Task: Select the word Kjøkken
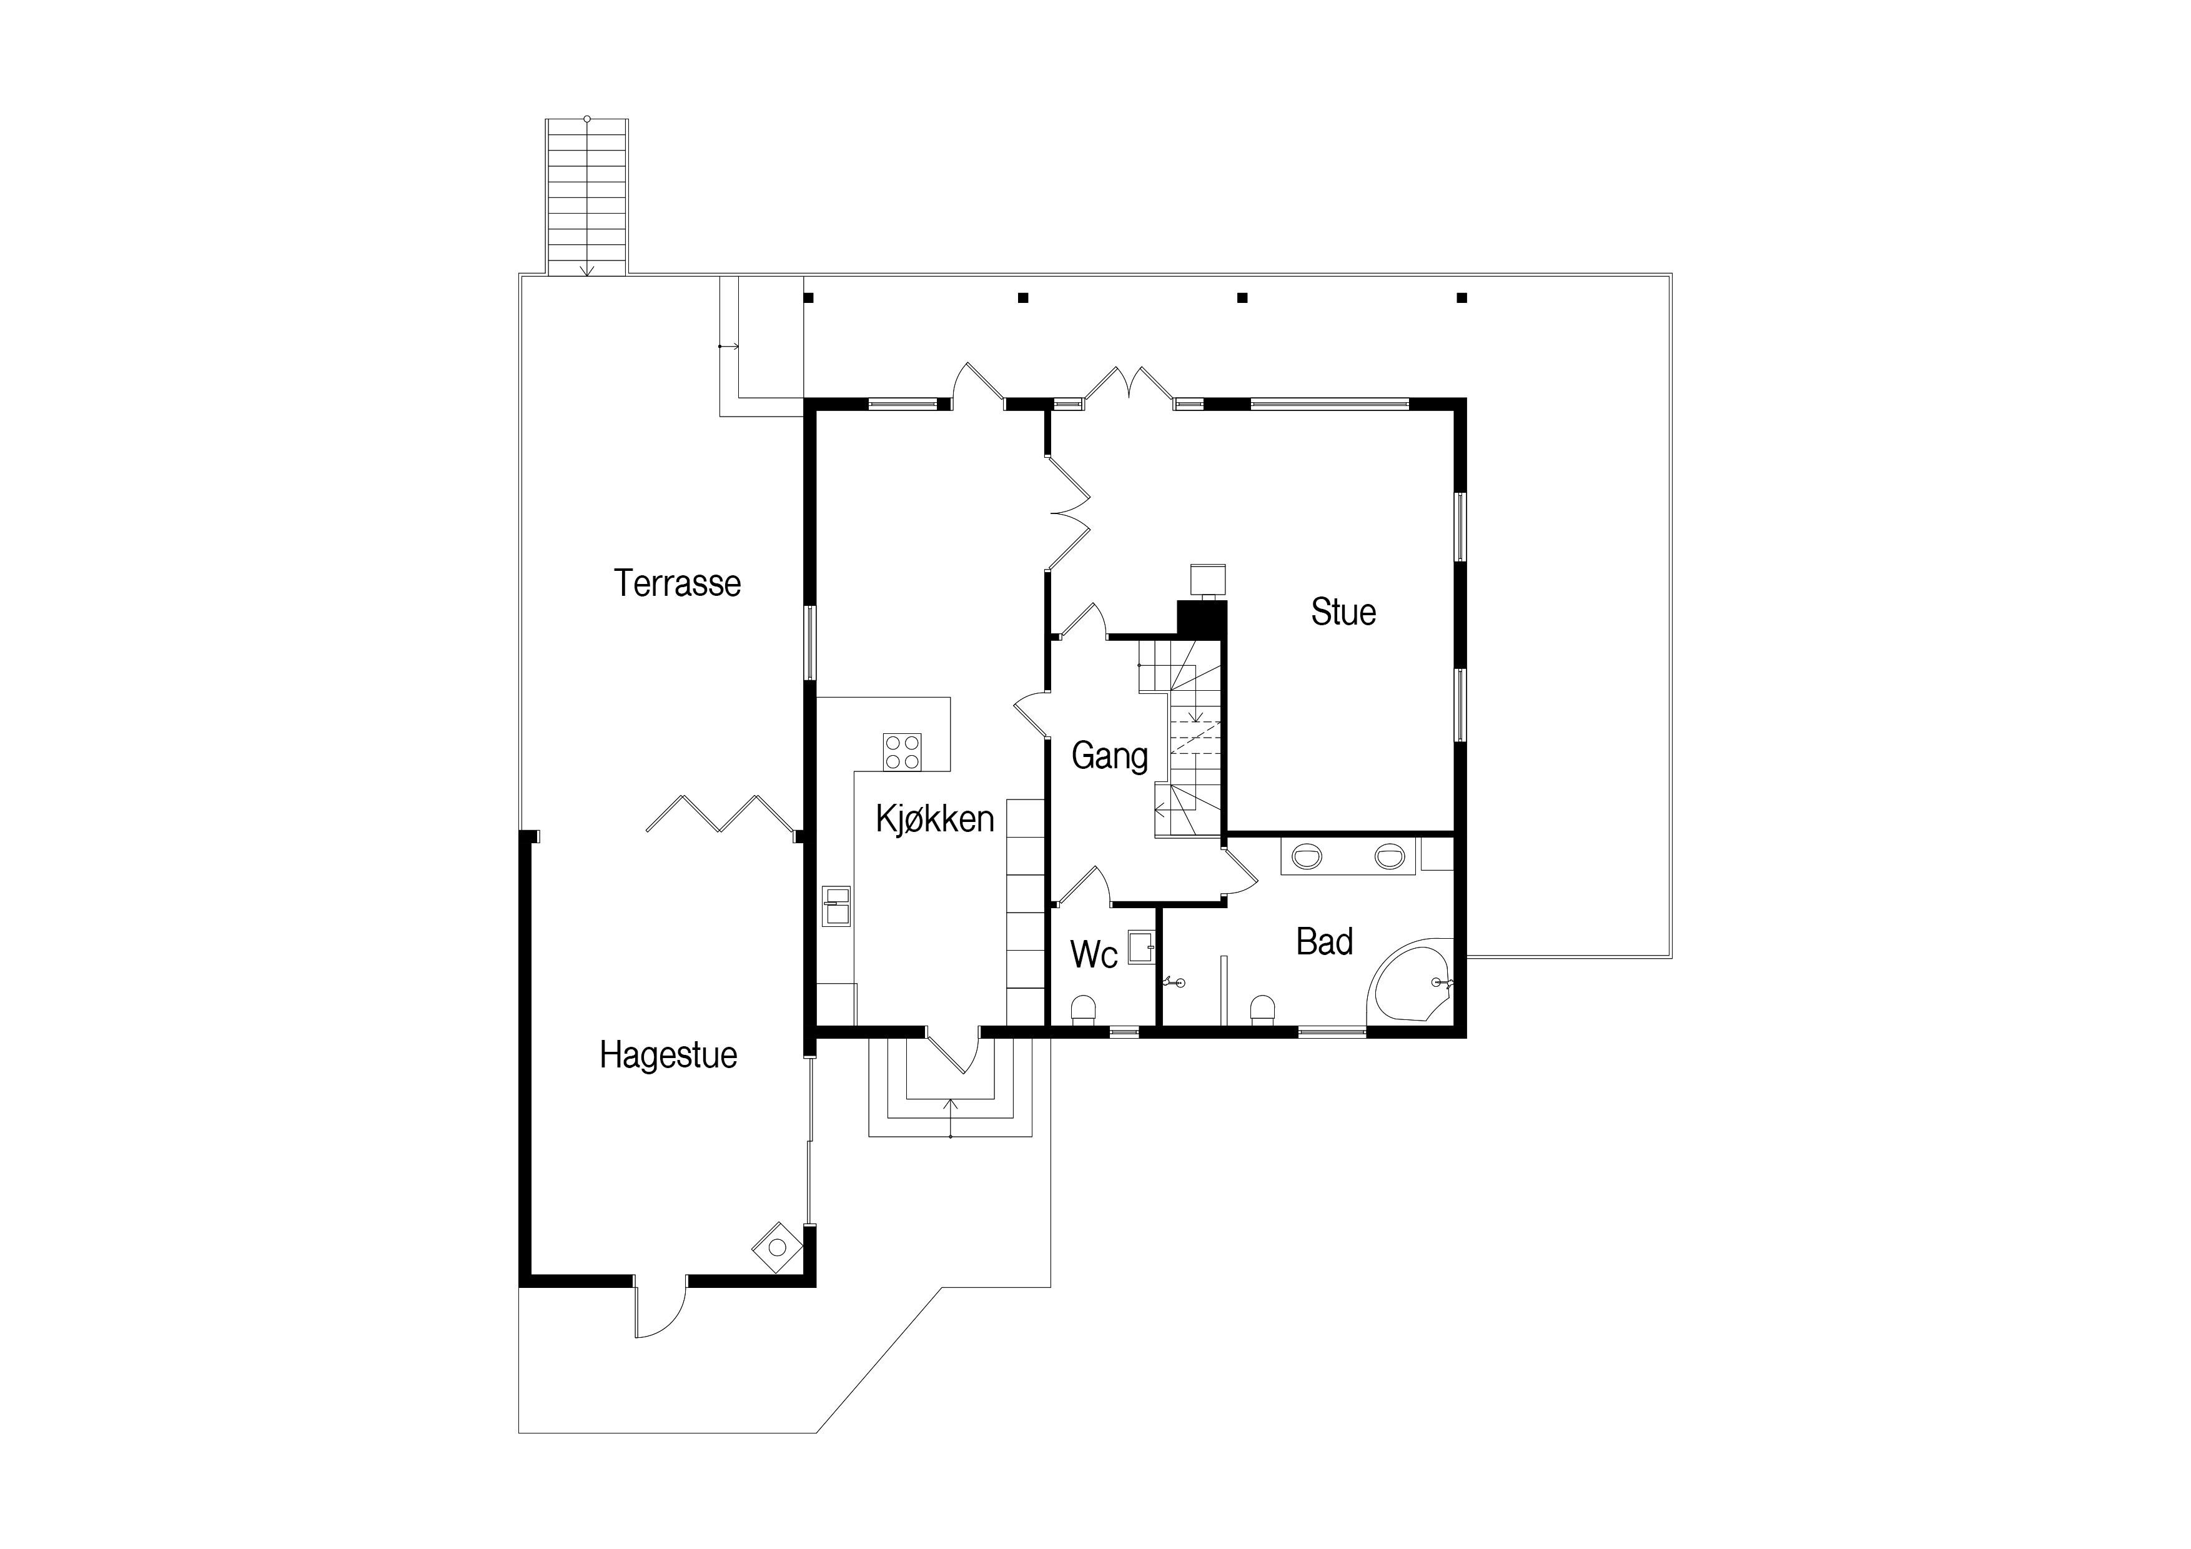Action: pos(935,819)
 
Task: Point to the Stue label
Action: pos(1343,611)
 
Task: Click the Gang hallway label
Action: pos(1110,756)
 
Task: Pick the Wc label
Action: pos(1094,954)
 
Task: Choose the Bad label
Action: pos(1325,942)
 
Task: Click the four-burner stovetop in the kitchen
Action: pos(902,751)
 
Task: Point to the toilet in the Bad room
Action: pos(1262,1010)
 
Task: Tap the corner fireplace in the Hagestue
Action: pos(778,1247)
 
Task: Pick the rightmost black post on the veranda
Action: pos(1462,298)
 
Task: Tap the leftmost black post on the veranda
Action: pos(808,298)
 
